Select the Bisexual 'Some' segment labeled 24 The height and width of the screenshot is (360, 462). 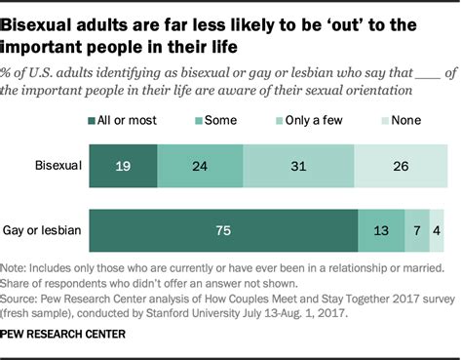pyautogui.click(x=199, y=167)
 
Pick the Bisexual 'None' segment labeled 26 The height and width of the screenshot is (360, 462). pyautogui.click(x=402, y=167)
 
